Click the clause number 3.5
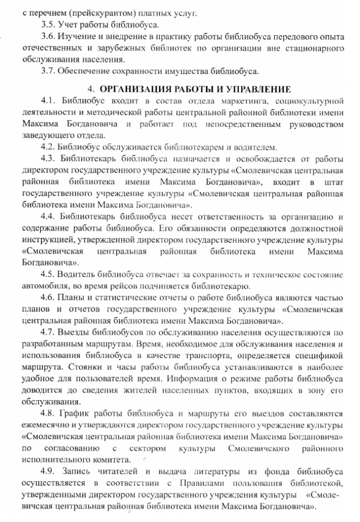[48, 25]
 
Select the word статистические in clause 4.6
[120, 298]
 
